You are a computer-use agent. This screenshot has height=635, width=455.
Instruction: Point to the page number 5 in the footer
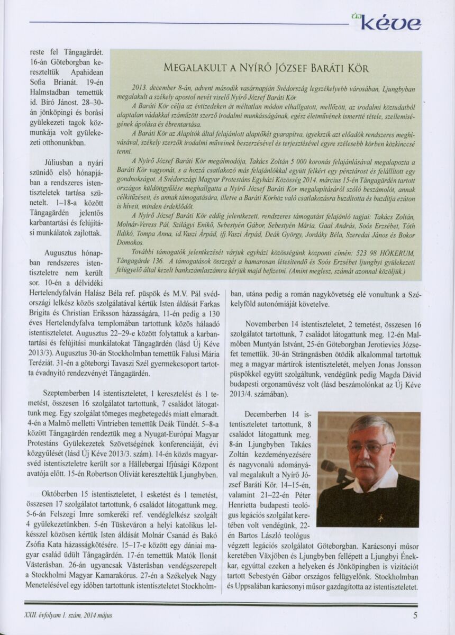(416, 615)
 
